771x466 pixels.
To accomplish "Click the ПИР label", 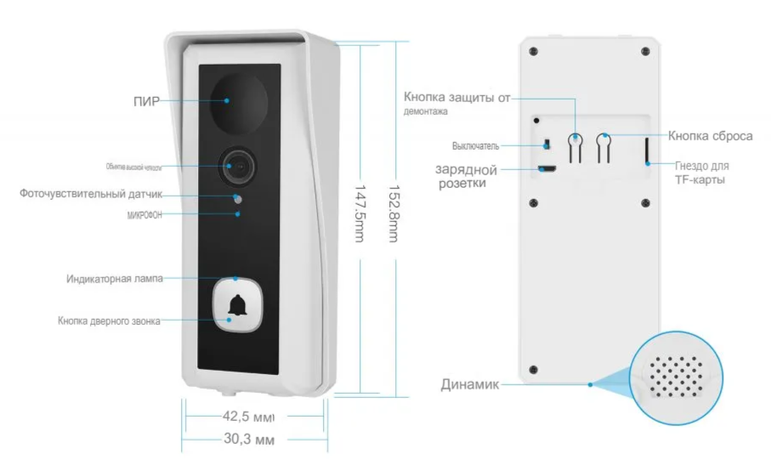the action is pos(146,100).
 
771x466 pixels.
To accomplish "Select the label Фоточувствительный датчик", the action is pos(91,194).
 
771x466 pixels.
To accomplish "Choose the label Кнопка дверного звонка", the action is pos(109,321).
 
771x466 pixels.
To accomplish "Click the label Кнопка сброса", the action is pos(710,135).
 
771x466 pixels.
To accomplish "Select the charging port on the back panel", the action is pos(546,168).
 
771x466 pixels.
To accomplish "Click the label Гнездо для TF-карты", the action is pos(701,173).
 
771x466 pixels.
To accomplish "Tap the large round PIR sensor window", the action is pos(235,100).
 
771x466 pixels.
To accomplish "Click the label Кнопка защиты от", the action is pos(456,97).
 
